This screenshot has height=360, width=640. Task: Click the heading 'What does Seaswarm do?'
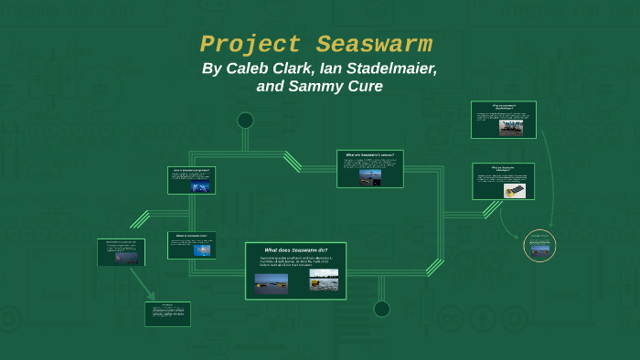[295, 249]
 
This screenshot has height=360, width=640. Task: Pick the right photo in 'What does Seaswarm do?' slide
[324, 279]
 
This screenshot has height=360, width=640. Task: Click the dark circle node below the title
[245, 120]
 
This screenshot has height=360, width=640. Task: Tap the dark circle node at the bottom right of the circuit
[382, 309]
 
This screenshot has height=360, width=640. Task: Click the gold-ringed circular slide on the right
[539, 246]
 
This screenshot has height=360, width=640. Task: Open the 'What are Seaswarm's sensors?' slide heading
[369, 154]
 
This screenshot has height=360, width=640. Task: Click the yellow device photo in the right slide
[511, 190]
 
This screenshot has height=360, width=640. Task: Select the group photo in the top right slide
[511, 127]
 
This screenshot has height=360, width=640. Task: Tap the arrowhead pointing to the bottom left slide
[150, 296]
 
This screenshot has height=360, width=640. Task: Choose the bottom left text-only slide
[167, 313]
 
